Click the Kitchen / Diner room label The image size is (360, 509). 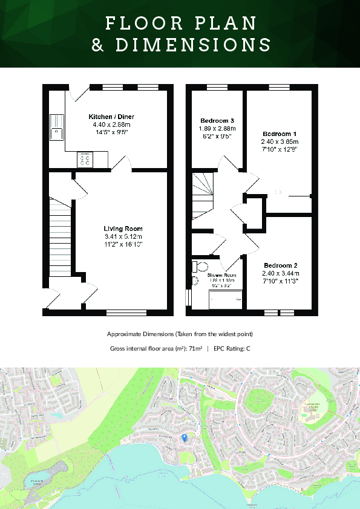point(111,116)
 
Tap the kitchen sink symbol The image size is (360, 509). point(57,125)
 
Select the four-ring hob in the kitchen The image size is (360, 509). point(84,159)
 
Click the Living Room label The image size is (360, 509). point(123,229)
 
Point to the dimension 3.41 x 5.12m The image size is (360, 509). point(123,236)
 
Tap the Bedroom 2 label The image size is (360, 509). point(280,265)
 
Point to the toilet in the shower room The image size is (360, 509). point(200,267)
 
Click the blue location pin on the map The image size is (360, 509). point(185,437)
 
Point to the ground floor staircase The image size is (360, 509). point(60,233)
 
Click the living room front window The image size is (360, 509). point(122,313)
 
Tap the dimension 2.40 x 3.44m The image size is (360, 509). point(280,273)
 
